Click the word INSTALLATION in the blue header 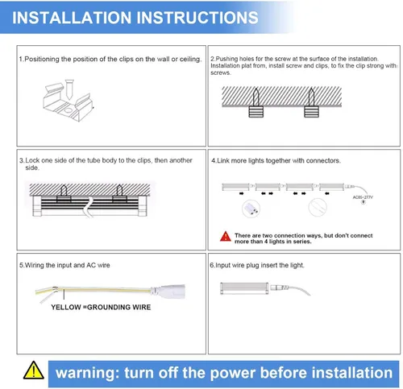point(72,18)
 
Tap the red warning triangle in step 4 point(225,237)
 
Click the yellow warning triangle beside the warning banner point(34,370)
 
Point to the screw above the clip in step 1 point(69,89)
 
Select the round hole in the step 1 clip point(69,110)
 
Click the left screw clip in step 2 point(256,111)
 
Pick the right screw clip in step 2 point(311,111)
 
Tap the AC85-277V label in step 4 point(363,197)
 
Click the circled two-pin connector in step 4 point(251,209)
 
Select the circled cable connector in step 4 point(318,207)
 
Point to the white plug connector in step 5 point(168,291)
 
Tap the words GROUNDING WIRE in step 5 point(118,307)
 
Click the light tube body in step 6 point(244,288)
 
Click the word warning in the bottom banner point(88,373)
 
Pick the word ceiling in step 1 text point(190,59)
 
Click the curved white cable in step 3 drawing point(89,207)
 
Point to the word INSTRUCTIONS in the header point(197,18)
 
